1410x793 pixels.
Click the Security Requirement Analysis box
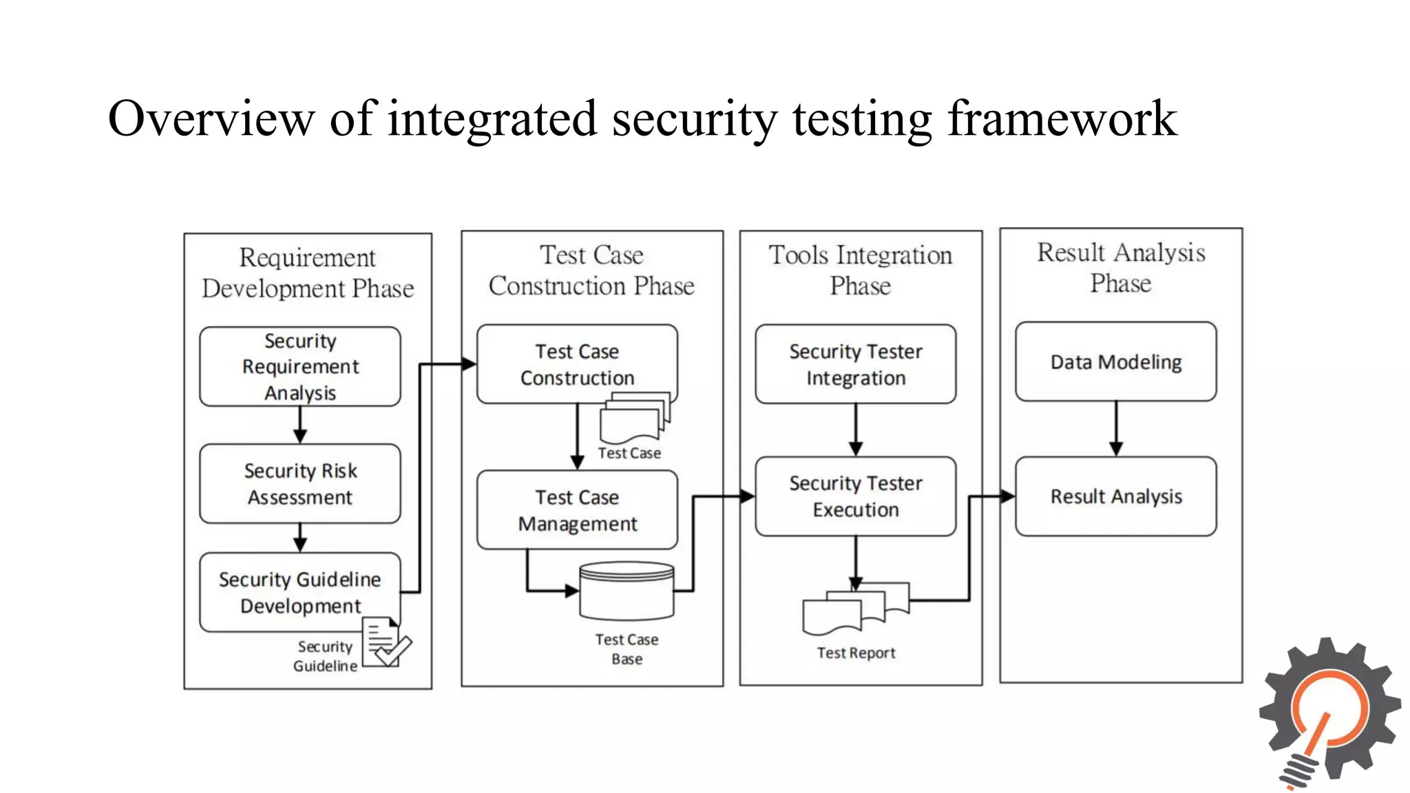coord(299,366)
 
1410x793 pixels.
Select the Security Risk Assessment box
coord(299,483)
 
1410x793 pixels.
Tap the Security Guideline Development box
coord(299,592)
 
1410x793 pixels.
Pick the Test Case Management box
coord(577,510)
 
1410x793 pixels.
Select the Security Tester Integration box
coord(855,364)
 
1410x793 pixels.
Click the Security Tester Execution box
coord(855,496)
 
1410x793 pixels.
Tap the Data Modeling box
coord(1115,361)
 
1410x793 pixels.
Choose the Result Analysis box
coord(1115,496)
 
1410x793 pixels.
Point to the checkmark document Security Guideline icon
coord(386,642)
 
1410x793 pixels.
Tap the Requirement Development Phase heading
coord(308,273)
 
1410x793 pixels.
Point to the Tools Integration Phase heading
coord(860,270)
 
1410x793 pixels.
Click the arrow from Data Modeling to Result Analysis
coord(1116,428)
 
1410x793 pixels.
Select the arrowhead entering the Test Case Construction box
coord(469,364)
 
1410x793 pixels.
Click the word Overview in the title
coord(211,118)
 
